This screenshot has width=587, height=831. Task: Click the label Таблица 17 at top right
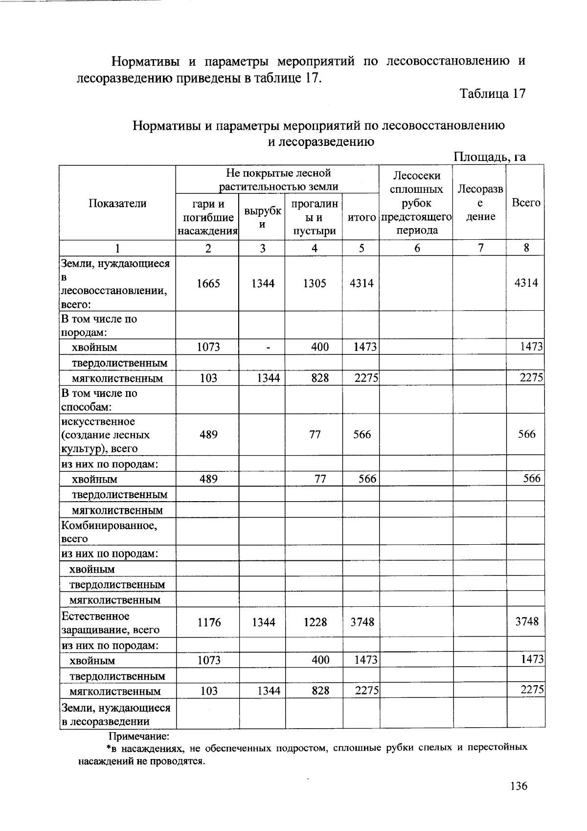[x=493, y=93]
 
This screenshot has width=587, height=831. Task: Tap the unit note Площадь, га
[x=490, y=157]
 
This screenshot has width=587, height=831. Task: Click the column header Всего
[x=525, y=203]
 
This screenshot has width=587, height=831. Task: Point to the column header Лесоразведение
[x=480, y=203]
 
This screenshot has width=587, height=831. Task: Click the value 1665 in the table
[x=208, y=283]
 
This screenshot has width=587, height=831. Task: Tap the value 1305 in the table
[x=314, y=283]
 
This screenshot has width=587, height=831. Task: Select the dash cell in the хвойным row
[x=268, y=347]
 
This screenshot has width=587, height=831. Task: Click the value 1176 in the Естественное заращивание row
[x=209, y=622]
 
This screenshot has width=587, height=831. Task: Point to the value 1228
[x=315, y=622]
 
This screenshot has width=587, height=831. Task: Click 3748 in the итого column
[x=362, y=622]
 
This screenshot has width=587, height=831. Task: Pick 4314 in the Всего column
[x=526, y=282]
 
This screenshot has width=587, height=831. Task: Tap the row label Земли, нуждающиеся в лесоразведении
[x=115, y=715]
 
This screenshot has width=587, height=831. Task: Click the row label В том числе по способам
[x=99, y=400]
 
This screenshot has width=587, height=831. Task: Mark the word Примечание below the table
[x=139, y=736]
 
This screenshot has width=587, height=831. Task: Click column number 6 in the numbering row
[x=417, y=248]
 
